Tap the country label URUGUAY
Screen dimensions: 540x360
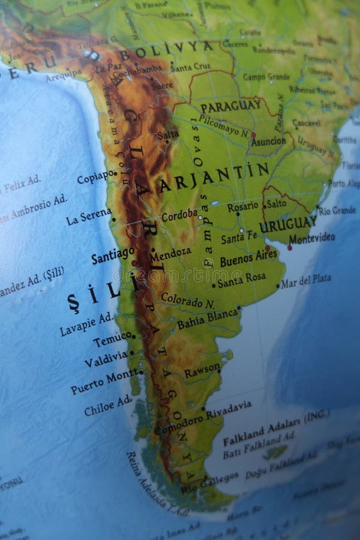coord(288,224)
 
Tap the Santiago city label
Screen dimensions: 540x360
coord(113,255)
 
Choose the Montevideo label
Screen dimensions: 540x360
coord(311,238)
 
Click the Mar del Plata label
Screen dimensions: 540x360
coord(305,281)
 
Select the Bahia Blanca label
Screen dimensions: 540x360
coord(208,320)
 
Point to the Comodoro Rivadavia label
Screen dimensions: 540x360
coord(203,418)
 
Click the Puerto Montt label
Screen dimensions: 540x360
coord(103,382)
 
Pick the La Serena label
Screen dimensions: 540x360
coord(88,216)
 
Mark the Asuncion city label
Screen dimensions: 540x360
coord(268,142)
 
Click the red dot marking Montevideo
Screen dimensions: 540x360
coord(289,247)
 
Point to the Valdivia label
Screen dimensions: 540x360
coord(105,359)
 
